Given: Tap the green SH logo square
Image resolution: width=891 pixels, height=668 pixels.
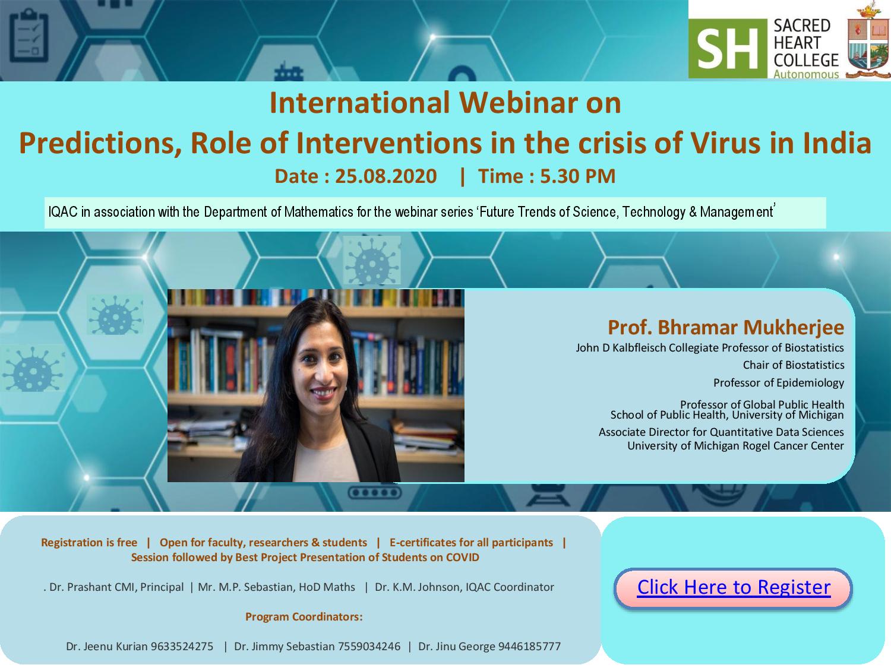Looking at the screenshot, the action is click(x=728, y=48).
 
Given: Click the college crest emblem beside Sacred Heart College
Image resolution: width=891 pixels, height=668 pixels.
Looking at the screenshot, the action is click(x=868, y=41).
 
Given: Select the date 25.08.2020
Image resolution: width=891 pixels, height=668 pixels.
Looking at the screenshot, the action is click(x=386, y=176).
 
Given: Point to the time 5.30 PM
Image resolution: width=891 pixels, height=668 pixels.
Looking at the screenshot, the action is click(x=577, y=176).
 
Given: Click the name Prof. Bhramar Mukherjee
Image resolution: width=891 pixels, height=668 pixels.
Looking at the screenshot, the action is click(x=726, y=327).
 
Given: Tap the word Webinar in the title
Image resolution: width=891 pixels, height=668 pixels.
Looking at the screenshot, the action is click(x=519, y=103).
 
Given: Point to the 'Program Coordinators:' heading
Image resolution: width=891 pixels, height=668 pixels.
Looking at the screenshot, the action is click(x=304, y=616).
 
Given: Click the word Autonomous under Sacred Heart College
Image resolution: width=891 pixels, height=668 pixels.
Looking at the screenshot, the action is click(x=805, y=74).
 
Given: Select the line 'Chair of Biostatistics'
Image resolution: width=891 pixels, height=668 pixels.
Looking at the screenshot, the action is click(x=794, y=365).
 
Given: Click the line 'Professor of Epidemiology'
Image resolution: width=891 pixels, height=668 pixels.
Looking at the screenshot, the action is click(x=779, y=383).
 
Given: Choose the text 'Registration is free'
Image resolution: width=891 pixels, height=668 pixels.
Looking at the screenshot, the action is click(x=89, y=542).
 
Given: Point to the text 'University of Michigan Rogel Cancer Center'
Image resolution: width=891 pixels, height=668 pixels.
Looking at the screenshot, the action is click(x=735, y=446).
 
